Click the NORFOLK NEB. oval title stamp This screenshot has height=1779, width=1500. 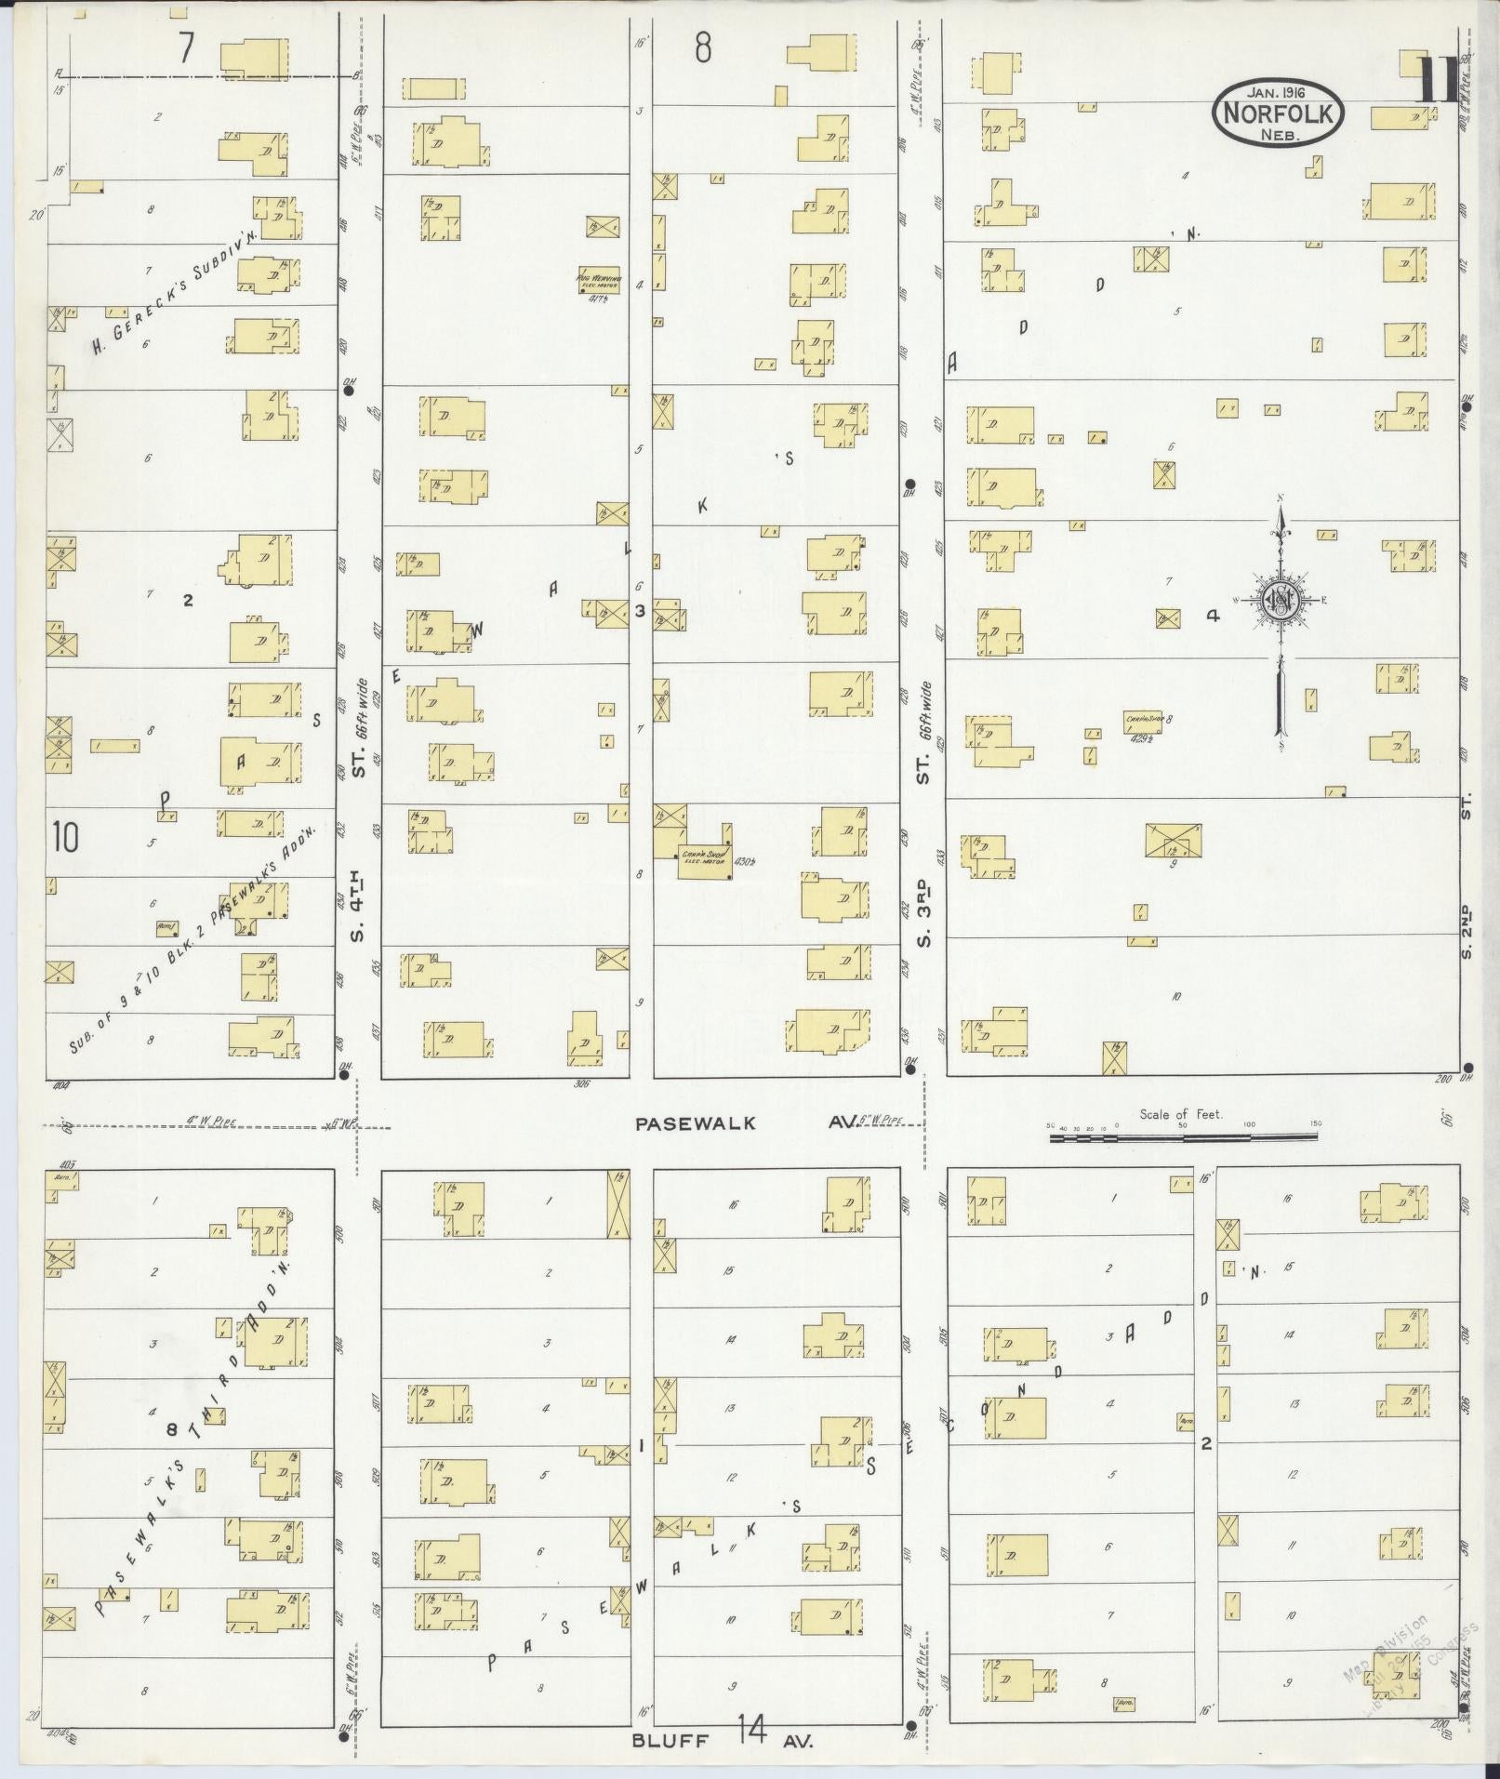[1280, 112]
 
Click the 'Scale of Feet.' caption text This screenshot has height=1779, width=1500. [1182, 1113]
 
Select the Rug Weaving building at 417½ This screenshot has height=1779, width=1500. [599, 280]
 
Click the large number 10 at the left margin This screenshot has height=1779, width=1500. [66, 837]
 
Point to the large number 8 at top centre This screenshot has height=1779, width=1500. [704, 48]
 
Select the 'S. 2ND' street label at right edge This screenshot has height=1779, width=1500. [1467, 930]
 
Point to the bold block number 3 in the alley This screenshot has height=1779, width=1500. [640, 611]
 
